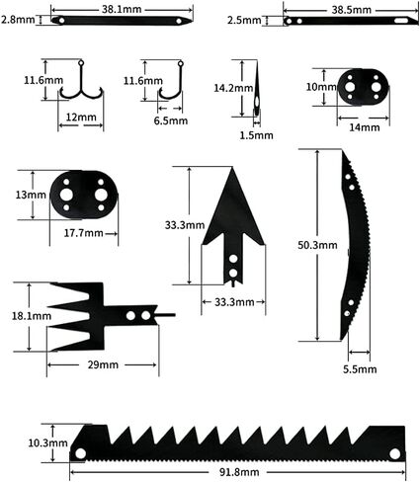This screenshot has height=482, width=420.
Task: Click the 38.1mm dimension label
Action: point(122,7)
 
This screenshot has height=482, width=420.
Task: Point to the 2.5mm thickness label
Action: point(243,20)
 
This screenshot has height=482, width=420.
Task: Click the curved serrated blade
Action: point(353,243)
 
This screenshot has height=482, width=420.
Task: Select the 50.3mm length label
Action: point(318,245)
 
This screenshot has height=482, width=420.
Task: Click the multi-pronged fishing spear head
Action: point(94,316)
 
